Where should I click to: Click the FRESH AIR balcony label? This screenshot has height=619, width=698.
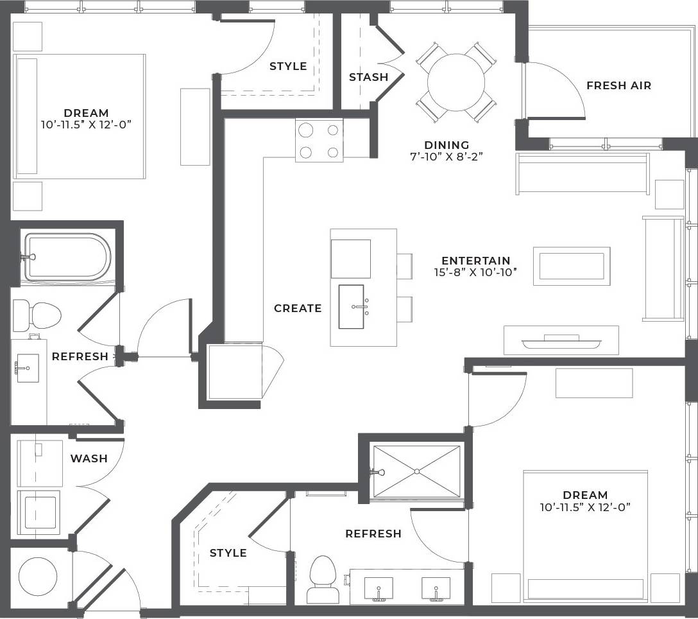coord(618,85)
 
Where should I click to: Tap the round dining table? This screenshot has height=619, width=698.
coord(455,82)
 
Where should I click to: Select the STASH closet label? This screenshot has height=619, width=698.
coord(368,77)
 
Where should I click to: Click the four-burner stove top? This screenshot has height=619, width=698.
coord(319,141)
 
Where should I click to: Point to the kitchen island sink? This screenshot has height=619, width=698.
coord(351,307)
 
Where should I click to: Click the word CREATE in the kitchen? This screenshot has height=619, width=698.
coord(298,308)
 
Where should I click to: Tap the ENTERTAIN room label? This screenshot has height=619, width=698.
coord(475,261)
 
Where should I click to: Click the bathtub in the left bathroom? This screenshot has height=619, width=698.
coord(67,257)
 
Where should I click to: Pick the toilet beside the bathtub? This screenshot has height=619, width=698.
coord(38,315)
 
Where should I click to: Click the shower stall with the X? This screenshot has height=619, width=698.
coord(417,471)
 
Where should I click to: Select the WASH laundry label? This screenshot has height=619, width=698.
coord(89,458)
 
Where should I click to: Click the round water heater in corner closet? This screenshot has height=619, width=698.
coord(39,576)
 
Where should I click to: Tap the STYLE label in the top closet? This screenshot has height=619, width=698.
coord(288,66)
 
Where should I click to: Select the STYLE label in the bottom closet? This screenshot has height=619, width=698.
coord(228,553)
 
